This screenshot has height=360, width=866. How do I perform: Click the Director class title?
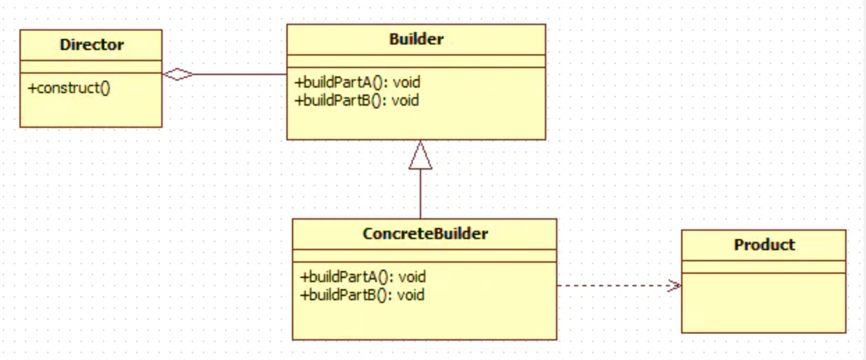pos(91,45)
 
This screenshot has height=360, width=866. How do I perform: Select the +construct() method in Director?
pos(70,88)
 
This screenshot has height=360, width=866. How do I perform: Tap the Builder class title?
pos(416,40)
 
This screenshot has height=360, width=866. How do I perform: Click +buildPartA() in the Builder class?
pos(357,83)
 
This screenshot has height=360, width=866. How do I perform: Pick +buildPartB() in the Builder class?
pos(357,100)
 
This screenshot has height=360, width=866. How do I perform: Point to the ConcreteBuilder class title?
pos(425,234)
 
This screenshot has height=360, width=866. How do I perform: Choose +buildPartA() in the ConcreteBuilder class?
pos(363,277)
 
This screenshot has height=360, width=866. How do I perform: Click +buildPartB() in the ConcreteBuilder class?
pos(362,294)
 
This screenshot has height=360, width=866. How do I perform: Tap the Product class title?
pos(764,245)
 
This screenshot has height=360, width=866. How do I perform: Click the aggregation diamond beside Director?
pos(178,74)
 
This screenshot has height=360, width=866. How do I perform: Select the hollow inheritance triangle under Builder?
pos(420,156)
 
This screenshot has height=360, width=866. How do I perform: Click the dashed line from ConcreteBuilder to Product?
pos(612,285)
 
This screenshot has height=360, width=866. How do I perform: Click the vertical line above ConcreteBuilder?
pos(420,195)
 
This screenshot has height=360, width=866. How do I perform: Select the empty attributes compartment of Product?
pos(763,267)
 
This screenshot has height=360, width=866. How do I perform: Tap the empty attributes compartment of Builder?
pos(416,61)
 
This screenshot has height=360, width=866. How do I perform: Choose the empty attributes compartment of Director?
pos(91,66)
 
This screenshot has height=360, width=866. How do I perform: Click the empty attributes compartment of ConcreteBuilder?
pos(424,255)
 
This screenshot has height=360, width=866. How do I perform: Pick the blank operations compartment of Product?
pos(763,302)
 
